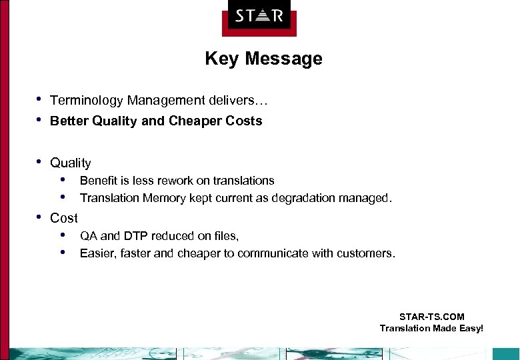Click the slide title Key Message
click(263, 59)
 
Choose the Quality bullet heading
click(70, 163)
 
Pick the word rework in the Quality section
click(177, 181)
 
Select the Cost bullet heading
click(64, 218)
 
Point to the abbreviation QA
click(89, 235)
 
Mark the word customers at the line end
click(364, 253)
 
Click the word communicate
click(273, 253)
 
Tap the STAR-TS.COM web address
click(431, 317)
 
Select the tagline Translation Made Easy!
click(431, 328)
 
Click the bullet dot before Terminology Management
click(39, 100)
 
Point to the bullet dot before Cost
click(39, 217)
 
